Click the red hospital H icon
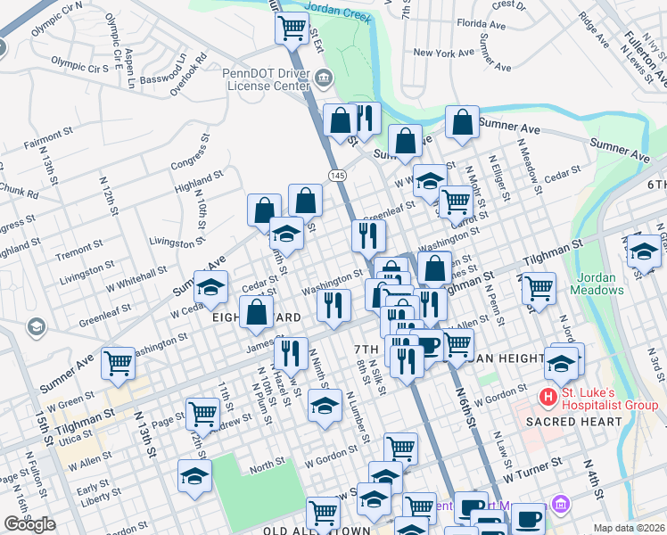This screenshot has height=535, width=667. (x=548, y=395)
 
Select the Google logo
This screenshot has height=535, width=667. (x=29, y=524)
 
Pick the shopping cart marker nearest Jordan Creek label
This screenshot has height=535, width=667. (x=292, y=29)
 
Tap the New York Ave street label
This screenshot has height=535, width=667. (x=443, y=53)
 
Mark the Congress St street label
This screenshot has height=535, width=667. (x=194, y=162)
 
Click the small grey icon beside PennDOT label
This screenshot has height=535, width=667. (x=324, y=79)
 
